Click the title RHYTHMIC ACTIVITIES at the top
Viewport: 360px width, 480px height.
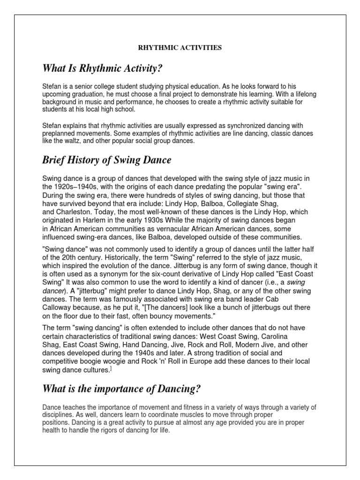point(179,47)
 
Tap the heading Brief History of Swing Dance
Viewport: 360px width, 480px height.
point(107,160)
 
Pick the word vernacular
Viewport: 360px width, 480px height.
point(178,229)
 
